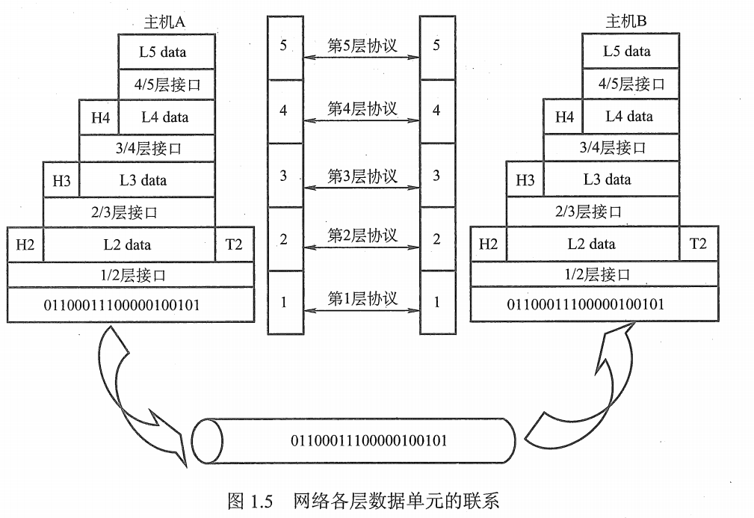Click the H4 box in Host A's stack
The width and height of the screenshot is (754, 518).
tap(99, 117)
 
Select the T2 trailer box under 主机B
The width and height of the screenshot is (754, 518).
tap(698, 244)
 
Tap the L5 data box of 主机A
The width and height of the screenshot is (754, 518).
tap(167, 52)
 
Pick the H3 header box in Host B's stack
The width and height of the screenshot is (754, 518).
tap(525, 180)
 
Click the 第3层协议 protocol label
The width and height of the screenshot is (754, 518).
tap(362, 176)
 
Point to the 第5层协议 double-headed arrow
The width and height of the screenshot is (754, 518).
tap(362, 58)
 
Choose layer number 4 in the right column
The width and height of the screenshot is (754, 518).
tap(437, 111)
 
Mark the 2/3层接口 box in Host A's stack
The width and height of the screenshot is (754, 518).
tap(129, 212)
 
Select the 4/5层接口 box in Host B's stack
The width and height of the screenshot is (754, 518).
tap(631, 84)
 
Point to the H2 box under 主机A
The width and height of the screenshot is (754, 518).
tap(25, 244)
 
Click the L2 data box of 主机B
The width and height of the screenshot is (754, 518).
tap(592, 244)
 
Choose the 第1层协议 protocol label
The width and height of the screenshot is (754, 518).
tap(362, 298)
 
